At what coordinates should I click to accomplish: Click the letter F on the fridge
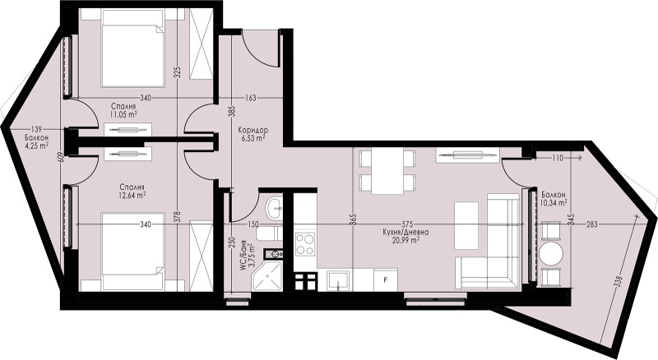(x=386, y=279)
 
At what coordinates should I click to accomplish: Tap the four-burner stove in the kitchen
(x=304, y=244)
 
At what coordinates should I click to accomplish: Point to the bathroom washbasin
(x=275, y=207)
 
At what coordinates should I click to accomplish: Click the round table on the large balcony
(x=551, y=253)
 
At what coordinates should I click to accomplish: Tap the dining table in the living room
(x=387, y=171)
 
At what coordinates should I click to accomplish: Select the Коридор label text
(x=253, y=130)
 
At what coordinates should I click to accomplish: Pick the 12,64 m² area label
(x=132, y=195)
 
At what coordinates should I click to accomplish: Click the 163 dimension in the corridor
(x=250, y=98)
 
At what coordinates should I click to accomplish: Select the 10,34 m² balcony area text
(x=554, y=203)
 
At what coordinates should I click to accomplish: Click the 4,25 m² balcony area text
(x=36, y=145)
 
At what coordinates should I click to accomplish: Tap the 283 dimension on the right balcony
(x=591, y=224)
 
